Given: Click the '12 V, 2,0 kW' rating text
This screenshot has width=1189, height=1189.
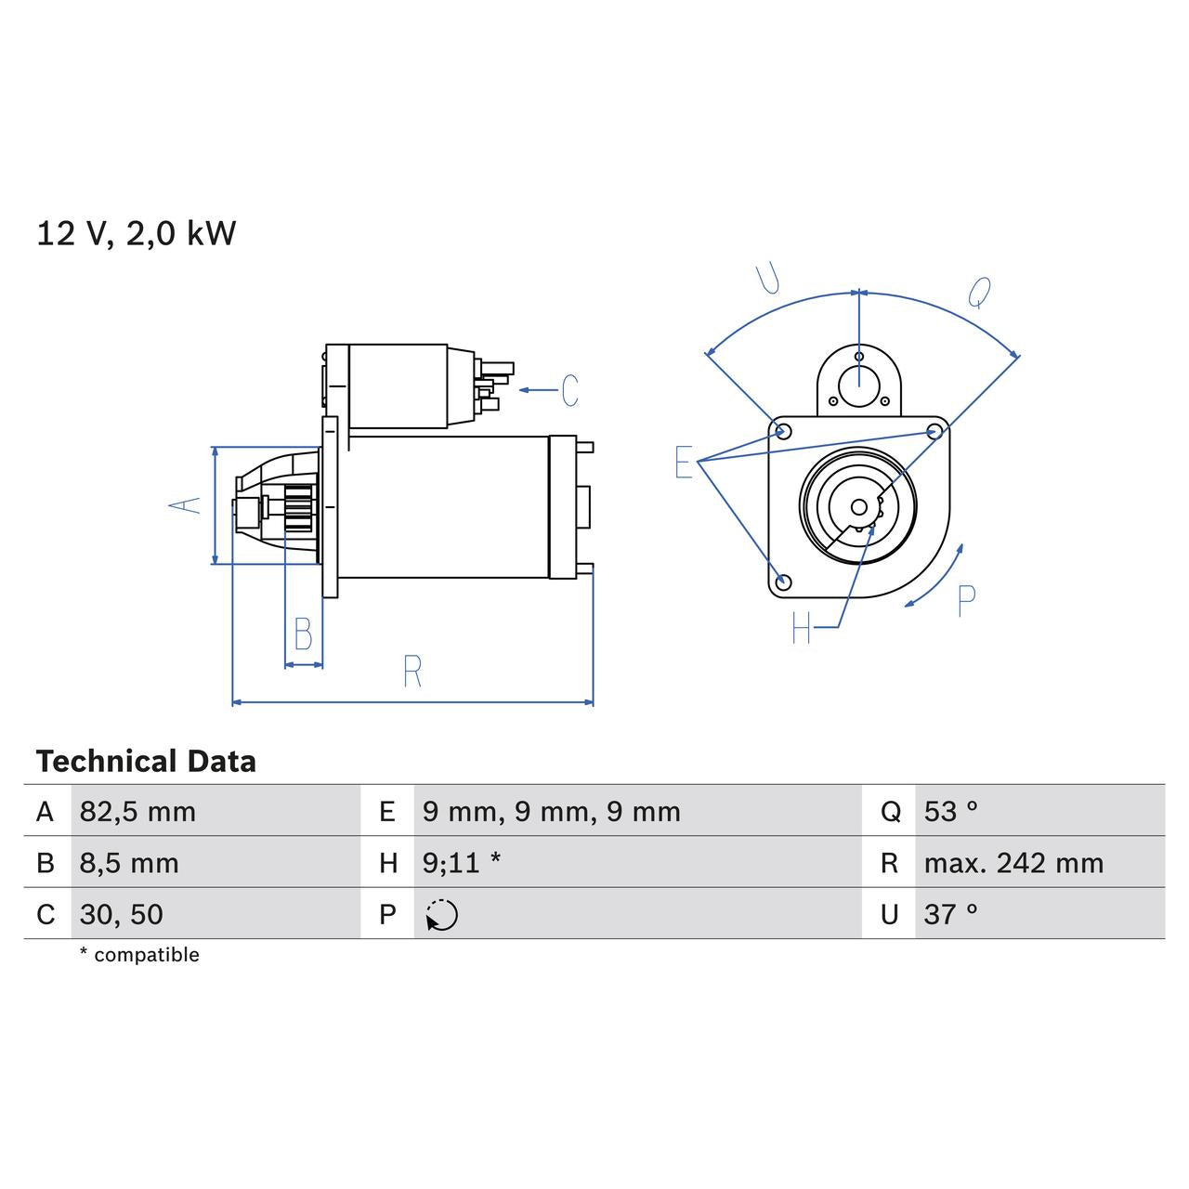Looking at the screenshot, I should pyautogui.click(x=137, y=233).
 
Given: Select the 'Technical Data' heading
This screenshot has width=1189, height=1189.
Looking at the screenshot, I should pyautogui.click(x=146, y=762).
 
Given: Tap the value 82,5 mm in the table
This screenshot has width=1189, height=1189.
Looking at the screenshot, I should pyautogui.click(x=137, y=812).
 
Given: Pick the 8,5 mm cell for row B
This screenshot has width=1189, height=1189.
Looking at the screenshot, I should pyautogui.click(x=129, y=863).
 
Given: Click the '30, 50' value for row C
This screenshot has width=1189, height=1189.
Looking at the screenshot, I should pyautogui.click(x=121, y=914).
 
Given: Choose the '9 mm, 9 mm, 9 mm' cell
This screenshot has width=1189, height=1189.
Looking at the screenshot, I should pyautogui.click(x=551, y=812).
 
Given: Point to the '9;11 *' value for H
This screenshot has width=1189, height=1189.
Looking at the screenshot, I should pyautogui.click(x=461, y=863).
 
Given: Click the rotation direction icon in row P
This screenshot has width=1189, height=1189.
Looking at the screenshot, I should pyautogui.click(x=442, y=915).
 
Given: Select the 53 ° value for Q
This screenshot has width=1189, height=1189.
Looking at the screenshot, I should pyautogui.click(x=950, y=812).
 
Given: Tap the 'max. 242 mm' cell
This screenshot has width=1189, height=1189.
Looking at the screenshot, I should pyautogui.click(x=1013, y=863).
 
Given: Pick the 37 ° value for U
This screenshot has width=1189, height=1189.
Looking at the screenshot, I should pyautogui.click(x=950, y=914).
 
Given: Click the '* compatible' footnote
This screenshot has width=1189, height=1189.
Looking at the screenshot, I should pyautogui.click(x=139, y=955).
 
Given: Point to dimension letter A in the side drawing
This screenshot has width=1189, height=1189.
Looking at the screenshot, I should pyautogui.click(x=185, y=505).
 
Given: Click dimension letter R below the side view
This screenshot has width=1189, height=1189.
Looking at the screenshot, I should pyautogui.click(x=412, y=671).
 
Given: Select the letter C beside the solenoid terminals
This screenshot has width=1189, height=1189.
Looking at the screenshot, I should pyautogui.click(x=569, y=390).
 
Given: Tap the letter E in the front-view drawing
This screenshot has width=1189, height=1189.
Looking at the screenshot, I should pyautogui.click(x=684, y=462).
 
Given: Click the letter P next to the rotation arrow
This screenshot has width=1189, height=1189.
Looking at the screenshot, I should pyautogui.click(x=966, y=601).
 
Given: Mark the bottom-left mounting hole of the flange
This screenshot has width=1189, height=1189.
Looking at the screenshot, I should pyautogui.click(x=783, y=582).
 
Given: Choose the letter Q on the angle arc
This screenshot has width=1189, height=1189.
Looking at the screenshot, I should pyautogui.click(x=979, y=293).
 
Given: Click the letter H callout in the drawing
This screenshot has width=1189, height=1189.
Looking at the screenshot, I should pyautogui.click(x=802, y=629).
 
